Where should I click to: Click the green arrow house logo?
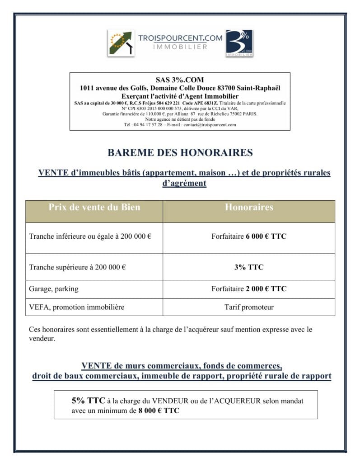coord(121,43)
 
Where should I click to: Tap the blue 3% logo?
coord(239,43)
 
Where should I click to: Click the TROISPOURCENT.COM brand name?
coord(180,38)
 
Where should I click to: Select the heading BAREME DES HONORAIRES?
coord(180,152)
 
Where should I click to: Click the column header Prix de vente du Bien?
coord(94,208)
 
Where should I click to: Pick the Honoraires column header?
coord(249,208)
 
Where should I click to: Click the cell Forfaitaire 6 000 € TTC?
coord(249,236)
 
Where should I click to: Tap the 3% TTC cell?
coord(249,267)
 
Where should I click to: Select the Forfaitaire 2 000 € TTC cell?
coord(249,288)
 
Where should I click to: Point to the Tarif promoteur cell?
coord(249,307)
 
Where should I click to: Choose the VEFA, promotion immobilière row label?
coord(76,307)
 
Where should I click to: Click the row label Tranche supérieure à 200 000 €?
coord(77,267)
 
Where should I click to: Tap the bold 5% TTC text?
coord(88,401)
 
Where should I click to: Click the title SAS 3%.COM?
coord(180,80)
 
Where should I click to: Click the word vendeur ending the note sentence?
coord(42,338)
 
